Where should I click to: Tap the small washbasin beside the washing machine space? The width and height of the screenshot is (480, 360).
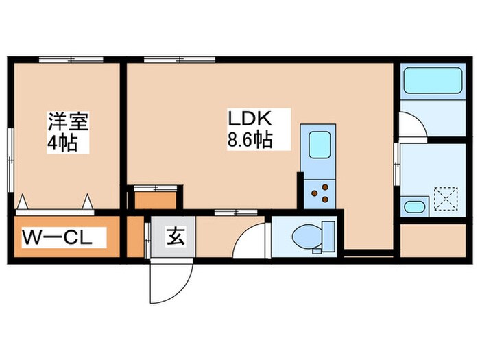[413, 207]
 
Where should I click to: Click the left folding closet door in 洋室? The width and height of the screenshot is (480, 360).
[23, 202]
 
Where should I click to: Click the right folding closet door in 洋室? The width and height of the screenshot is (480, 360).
[88, 202]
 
